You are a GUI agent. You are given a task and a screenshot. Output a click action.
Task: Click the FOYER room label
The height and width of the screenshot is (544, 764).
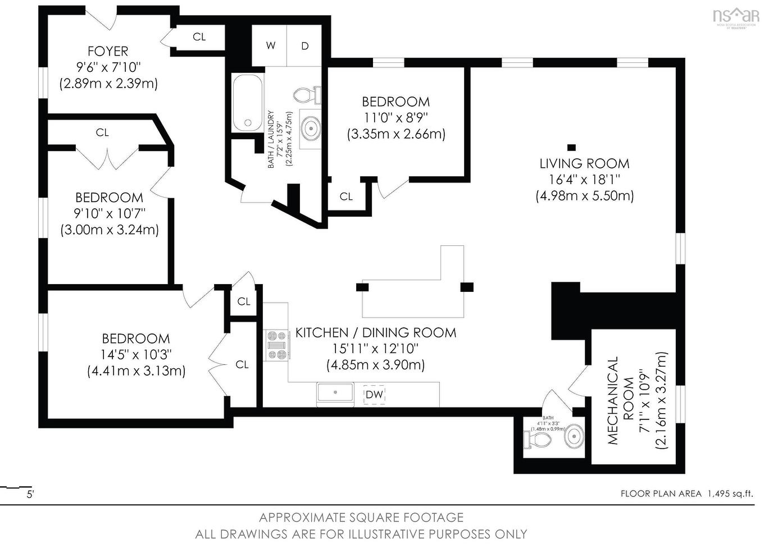pos(108,51)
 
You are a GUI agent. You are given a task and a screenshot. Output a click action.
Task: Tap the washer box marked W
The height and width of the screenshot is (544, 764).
pos(271,45)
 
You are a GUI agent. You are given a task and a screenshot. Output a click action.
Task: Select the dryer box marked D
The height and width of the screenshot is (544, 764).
pos(305,45)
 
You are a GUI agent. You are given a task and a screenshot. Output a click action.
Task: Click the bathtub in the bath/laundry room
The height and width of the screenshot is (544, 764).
pos(247,103)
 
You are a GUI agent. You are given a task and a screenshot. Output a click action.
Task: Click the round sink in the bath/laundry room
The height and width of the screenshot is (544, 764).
pos(310,129)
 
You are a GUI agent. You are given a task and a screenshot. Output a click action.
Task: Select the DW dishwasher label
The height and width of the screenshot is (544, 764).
pos(374,394)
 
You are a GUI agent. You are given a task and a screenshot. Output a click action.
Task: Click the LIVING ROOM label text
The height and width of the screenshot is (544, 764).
pos(584,164)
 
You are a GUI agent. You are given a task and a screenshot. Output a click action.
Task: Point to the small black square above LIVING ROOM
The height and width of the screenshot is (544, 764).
pos(571,148)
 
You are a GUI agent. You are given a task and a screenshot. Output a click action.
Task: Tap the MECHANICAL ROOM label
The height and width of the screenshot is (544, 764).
pos(620,400)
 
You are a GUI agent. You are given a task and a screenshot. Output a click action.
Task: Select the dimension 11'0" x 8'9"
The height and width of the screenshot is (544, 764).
pos(395,118)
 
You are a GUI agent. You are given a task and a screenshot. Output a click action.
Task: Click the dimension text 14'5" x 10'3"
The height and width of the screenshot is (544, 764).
pos(136,355)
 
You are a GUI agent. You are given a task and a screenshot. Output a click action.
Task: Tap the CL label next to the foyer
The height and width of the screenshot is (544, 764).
pos(199,37)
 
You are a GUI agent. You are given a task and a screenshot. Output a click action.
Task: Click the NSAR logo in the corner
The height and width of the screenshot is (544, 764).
pos(735,17)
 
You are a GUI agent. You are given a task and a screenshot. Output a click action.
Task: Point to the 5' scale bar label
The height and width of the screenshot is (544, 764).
pos(30,495)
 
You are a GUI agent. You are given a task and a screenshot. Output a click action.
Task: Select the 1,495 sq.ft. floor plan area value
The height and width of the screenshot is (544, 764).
pos(730,493)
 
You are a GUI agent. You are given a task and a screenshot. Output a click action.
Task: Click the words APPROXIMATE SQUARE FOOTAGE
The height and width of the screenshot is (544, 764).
pos(361,517)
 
